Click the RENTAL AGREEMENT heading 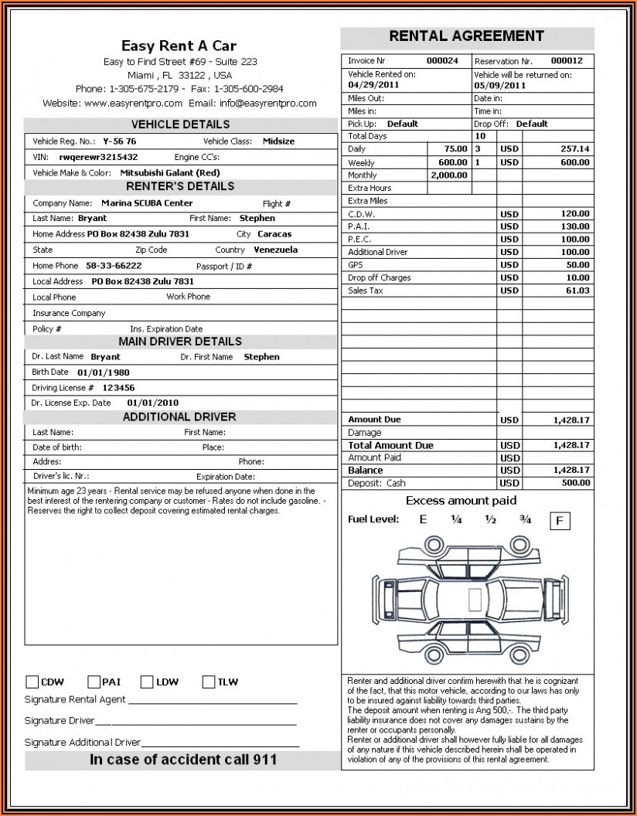tap(466, 36)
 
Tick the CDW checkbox tap(32, 682)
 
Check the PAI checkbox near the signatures tap(94, 682)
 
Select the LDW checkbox tap(147, 682)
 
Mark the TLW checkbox tap(209, 682)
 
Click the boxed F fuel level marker tap(560, 522)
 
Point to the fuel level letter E tap(423, 520)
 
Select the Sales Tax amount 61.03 tap(577, 291)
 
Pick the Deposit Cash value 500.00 tap(575, 483)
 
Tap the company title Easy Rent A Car tap(179, 46)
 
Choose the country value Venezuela tap(275, 250)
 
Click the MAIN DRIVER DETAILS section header tap(180, 342)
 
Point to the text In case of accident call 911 tap(183, 760)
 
